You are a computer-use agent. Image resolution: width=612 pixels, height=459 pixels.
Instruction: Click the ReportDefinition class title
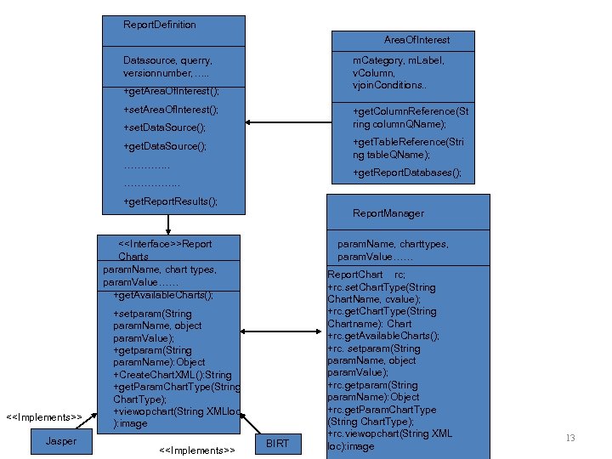159,25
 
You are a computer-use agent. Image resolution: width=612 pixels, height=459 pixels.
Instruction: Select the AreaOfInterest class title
416,40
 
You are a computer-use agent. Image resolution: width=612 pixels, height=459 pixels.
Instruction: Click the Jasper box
60,441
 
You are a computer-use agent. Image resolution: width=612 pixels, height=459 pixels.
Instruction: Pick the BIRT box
278,443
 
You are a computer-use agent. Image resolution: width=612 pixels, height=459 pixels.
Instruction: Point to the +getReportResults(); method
170,201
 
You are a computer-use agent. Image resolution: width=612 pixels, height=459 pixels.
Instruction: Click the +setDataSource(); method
164,127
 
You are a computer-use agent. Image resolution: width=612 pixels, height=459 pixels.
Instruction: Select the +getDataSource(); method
164,146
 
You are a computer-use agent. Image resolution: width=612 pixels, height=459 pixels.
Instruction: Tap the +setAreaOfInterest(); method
170,110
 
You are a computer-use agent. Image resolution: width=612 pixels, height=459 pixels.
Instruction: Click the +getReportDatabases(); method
407,173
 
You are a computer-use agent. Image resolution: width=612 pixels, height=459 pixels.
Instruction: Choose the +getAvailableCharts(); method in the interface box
162,295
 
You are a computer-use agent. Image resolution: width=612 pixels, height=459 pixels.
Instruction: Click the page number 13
570,438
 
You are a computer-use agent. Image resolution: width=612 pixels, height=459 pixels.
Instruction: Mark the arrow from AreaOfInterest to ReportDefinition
288,120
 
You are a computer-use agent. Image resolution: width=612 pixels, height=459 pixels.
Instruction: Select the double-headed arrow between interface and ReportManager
283,332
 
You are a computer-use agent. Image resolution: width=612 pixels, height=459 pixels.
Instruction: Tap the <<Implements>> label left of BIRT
196,449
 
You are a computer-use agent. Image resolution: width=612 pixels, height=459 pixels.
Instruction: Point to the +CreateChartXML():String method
172,375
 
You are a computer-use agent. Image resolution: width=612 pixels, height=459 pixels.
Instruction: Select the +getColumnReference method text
410,117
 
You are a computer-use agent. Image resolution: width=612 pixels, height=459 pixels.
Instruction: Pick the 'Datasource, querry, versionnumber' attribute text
167,66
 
